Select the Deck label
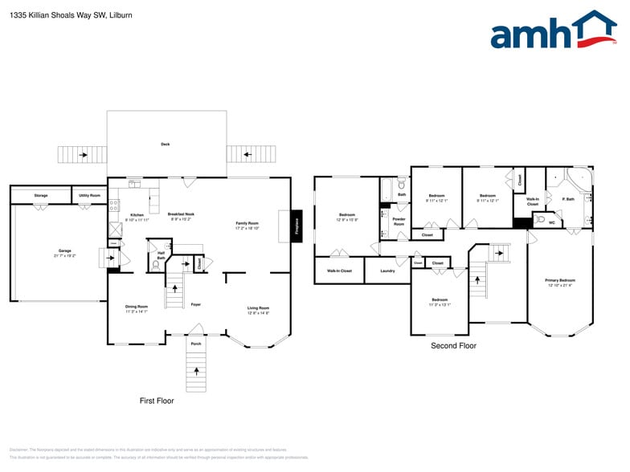coord(166,144)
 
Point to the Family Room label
coord(247,223)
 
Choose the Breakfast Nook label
coord(181,214)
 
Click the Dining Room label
coord(137,307)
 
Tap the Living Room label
coord(258,307)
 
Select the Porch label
coord(196,344)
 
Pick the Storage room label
coord(40,195)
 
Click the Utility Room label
coord(89,195)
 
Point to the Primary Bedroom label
coord(561,281)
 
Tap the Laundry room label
coord(387,271)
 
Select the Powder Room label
coord(399,222)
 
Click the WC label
coord(552,222)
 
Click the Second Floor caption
coord(453,346)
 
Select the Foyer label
coord(195,304)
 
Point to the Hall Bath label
coord(161,255)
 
